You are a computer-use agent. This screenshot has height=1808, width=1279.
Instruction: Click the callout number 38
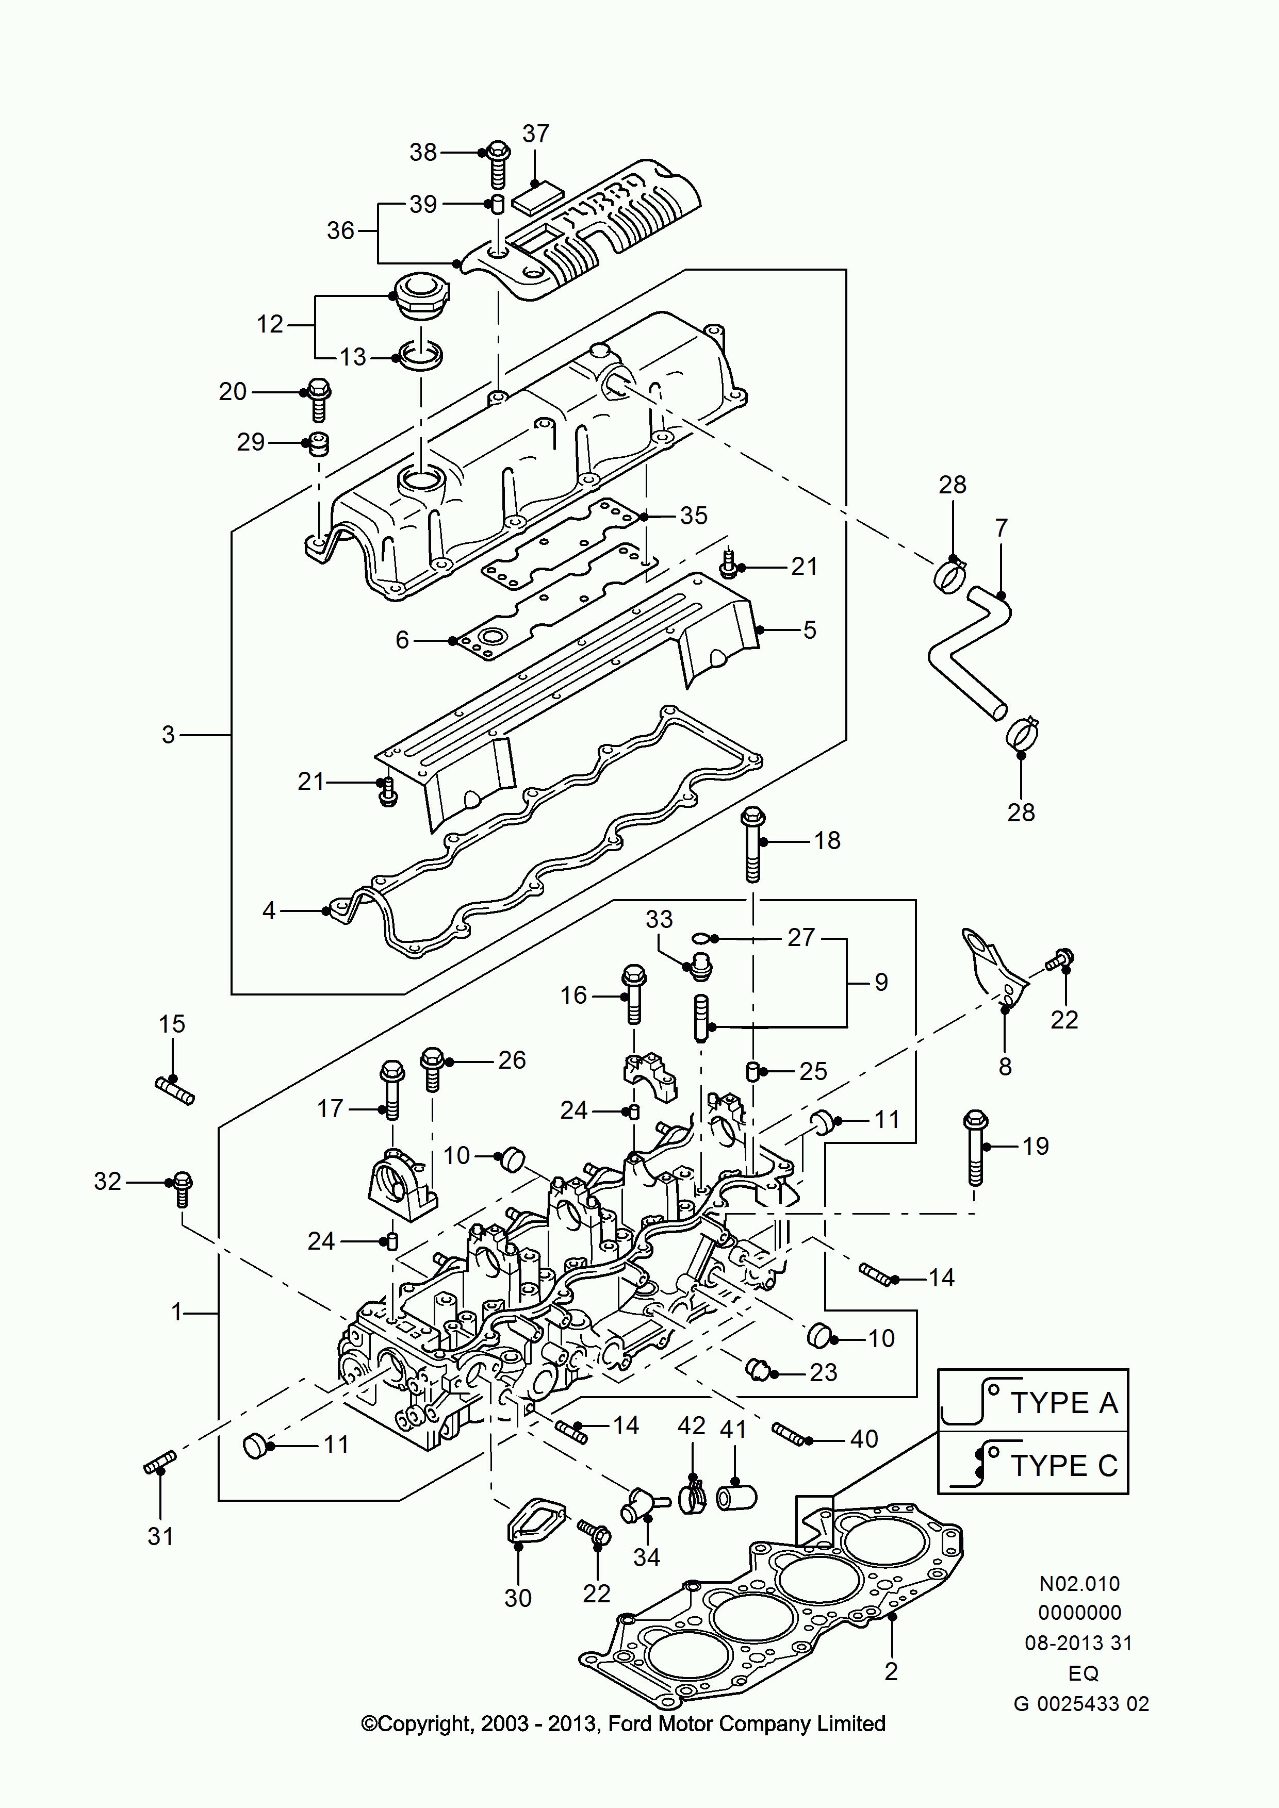(x=423, y=152)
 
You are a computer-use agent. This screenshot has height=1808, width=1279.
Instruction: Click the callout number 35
(x=694, y=516)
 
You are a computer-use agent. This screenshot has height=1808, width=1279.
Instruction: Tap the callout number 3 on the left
(x=168, y=735)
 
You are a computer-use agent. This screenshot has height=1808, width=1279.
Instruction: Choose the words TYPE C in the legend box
(x=1064, y=1466)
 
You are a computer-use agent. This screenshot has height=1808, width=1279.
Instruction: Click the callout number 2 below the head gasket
(x=891, y=1671)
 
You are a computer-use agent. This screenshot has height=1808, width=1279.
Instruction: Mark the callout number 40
(x=864, y=1439)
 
